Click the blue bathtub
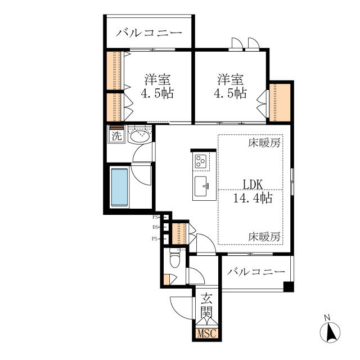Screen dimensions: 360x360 click(119, 187)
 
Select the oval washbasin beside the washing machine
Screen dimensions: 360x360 click(139, 136)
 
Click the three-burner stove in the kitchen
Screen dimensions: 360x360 click(200, 161)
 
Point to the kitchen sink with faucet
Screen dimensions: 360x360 click(201, 186)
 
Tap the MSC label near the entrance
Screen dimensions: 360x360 click(206, 333)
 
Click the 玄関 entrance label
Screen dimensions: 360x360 click(206, 305)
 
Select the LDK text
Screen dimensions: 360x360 click(253, 184)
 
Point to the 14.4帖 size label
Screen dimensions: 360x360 click(253, 198)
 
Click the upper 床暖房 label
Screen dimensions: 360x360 click(264, 143)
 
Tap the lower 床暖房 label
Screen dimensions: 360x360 click(264, 237)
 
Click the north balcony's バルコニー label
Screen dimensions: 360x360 click(148, 33)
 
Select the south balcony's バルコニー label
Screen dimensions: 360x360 click(256, 272)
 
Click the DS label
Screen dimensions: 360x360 click(155, 227)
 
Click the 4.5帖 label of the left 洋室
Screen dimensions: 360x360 click(157, 93)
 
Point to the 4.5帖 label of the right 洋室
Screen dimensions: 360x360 click(230, 93)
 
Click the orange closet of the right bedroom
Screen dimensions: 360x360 click(280, 102)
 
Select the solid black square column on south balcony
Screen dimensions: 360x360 click(289, 287)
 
